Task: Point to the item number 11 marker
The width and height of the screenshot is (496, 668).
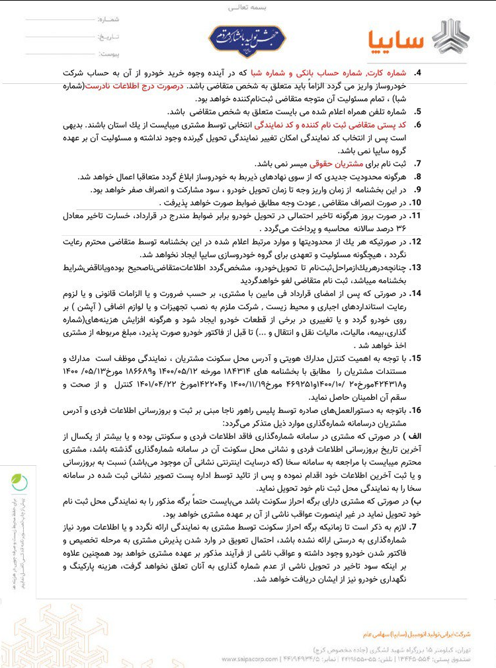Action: tap(417, 216)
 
